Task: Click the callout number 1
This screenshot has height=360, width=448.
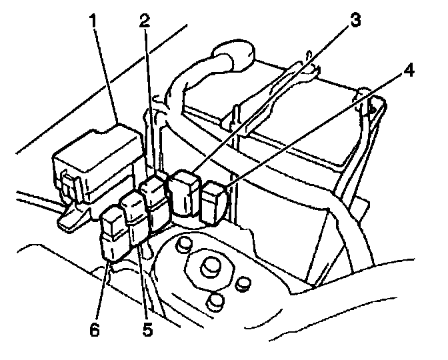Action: click(93, 21)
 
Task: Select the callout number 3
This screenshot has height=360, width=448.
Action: click(355, 21)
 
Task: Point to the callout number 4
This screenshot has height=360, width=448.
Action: click(409, 70)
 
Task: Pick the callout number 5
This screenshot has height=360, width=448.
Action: click(147, 329)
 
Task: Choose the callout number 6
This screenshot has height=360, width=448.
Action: click(95, 329)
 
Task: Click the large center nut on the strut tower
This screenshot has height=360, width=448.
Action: click(210, 266)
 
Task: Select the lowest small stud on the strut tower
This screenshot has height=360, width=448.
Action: click(214, 302)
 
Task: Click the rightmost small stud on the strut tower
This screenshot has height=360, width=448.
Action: click(243, 284)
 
